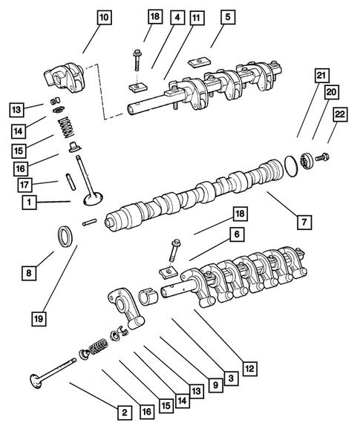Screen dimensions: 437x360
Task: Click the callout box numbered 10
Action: (103, 16)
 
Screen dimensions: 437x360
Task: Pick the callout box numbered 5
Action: (227, 16)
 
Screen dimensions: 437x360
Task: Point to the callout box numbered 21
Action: (320, 75)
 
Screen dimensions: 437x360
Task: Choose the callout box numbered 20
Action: (331, 91)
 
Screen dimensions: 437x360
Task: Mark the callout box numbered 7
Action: (304, 221)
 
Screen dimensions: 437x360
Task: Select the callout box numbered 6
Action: (236, 234)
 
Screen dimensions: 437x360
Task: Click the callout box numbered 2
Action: (125, 412)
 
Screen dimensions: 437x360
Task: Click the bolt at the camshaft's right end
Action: (324, 157)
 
